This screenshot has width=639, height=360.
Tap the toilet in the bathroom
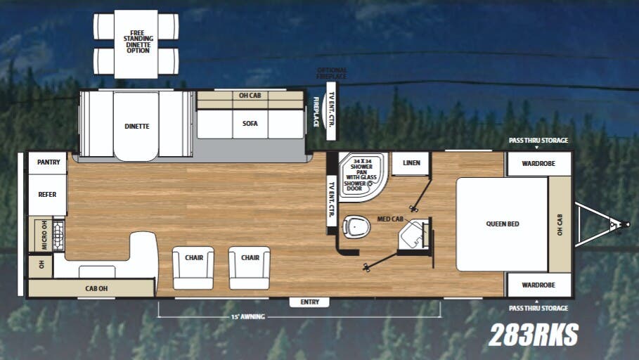tap(356, 226)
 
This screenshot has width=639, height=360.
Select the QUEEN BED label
tap(502, 224)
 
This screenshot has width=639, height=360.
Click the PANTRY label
tap(48, 162)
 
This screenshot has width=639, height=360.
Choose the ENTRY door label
tap(309, 302)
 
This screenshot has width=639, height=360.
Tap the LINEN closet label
tap(411, 163)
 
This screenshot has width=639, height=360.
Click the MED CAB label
tap(389, 219)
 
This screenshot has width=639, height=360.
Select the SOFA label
tap(250, 124)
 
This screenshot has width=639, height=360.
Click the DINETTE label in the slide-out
tap(136, 127)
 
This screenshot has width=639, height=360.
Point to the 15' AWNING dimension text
tap(247, 317)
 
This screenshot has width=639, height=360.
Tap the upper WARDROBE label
tap(538, 164)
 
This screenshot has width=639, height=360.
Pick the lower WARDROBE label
tap(538, 285)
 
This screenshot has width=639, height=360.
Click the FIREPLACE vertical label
tap(316, 112)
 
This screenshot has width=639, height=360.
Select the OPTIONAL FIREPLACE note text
tap(332, 72)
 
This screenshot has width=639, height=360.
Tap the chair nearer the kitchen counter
tap(193, 267)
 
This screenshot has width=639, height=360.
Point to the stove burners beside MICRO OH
tap(58, 235)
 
